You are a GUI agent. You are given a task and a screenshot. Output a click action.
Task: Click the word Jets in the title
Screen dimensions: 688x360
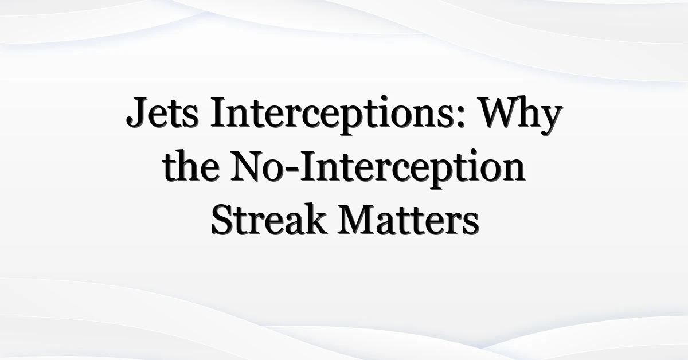tap(162, 112)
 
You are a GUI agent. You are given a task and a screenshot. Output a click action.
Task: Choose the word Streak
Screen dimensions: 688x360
tap(268, 219)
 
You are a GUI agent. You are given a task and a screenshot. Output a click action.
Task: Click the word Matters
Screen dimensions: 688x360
tap(408, 220)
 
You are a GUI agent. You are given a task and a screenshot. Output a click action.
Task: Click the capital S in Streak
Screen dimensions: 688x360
tap(221, 220)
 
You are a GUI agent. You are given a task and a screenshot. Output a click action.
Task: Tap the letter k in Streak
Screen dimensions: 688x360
tap(315, 219)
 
